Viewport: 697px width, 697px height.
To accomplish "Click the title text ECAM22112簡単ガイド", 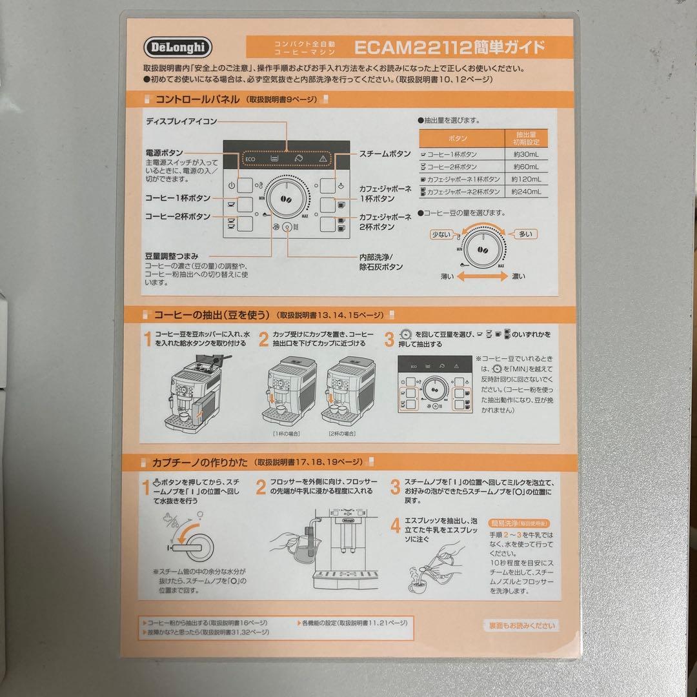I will click(x=449, y=47).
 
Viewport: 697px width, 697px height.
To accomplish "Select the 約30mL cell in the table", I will click(x=524, y=155).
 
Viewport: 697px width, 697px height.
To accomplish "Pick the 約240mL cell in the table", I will click(x=524, y=192).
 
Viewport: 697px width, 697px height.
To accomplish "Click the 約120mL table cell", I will click(x=524, y=179).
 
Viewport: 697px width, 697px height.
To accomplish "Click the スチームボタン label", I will click(x=385, y=154).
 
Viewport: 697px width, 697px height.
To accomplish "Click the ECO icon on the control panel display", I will click(x=250, y=158).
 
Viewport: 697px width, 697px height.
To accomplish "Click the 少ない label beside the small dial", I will click(x=441, y=234).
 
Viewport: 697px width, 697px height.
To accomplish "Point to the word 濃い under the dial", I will click(x=518, y=277).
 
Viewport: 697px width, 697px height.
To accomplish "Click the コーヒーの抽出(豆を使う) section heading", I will click(x=210, y=315).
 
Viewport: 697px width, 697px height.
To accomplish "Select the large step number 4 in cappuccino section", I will click(x=395, y=526).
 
